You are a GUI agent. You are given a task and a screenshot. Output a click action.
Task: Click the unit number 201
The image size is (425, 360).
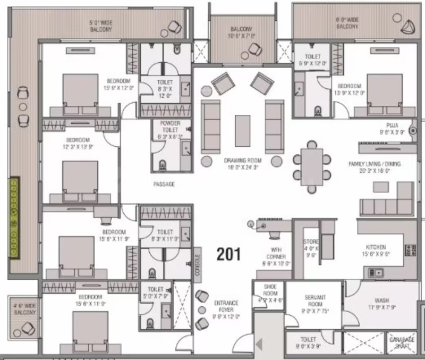[x=229, y=254]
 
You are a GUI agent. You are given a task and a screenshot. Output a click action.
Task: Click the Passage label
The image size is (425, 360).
[x=164, y=184]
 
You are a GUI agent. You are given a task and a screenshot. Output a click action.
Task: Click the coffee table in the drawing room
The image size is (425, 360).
[x=242, y=131]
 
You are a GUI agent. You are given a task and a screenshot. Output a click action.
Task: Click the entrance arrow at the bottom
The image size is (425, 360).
[x=260, y=344]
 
